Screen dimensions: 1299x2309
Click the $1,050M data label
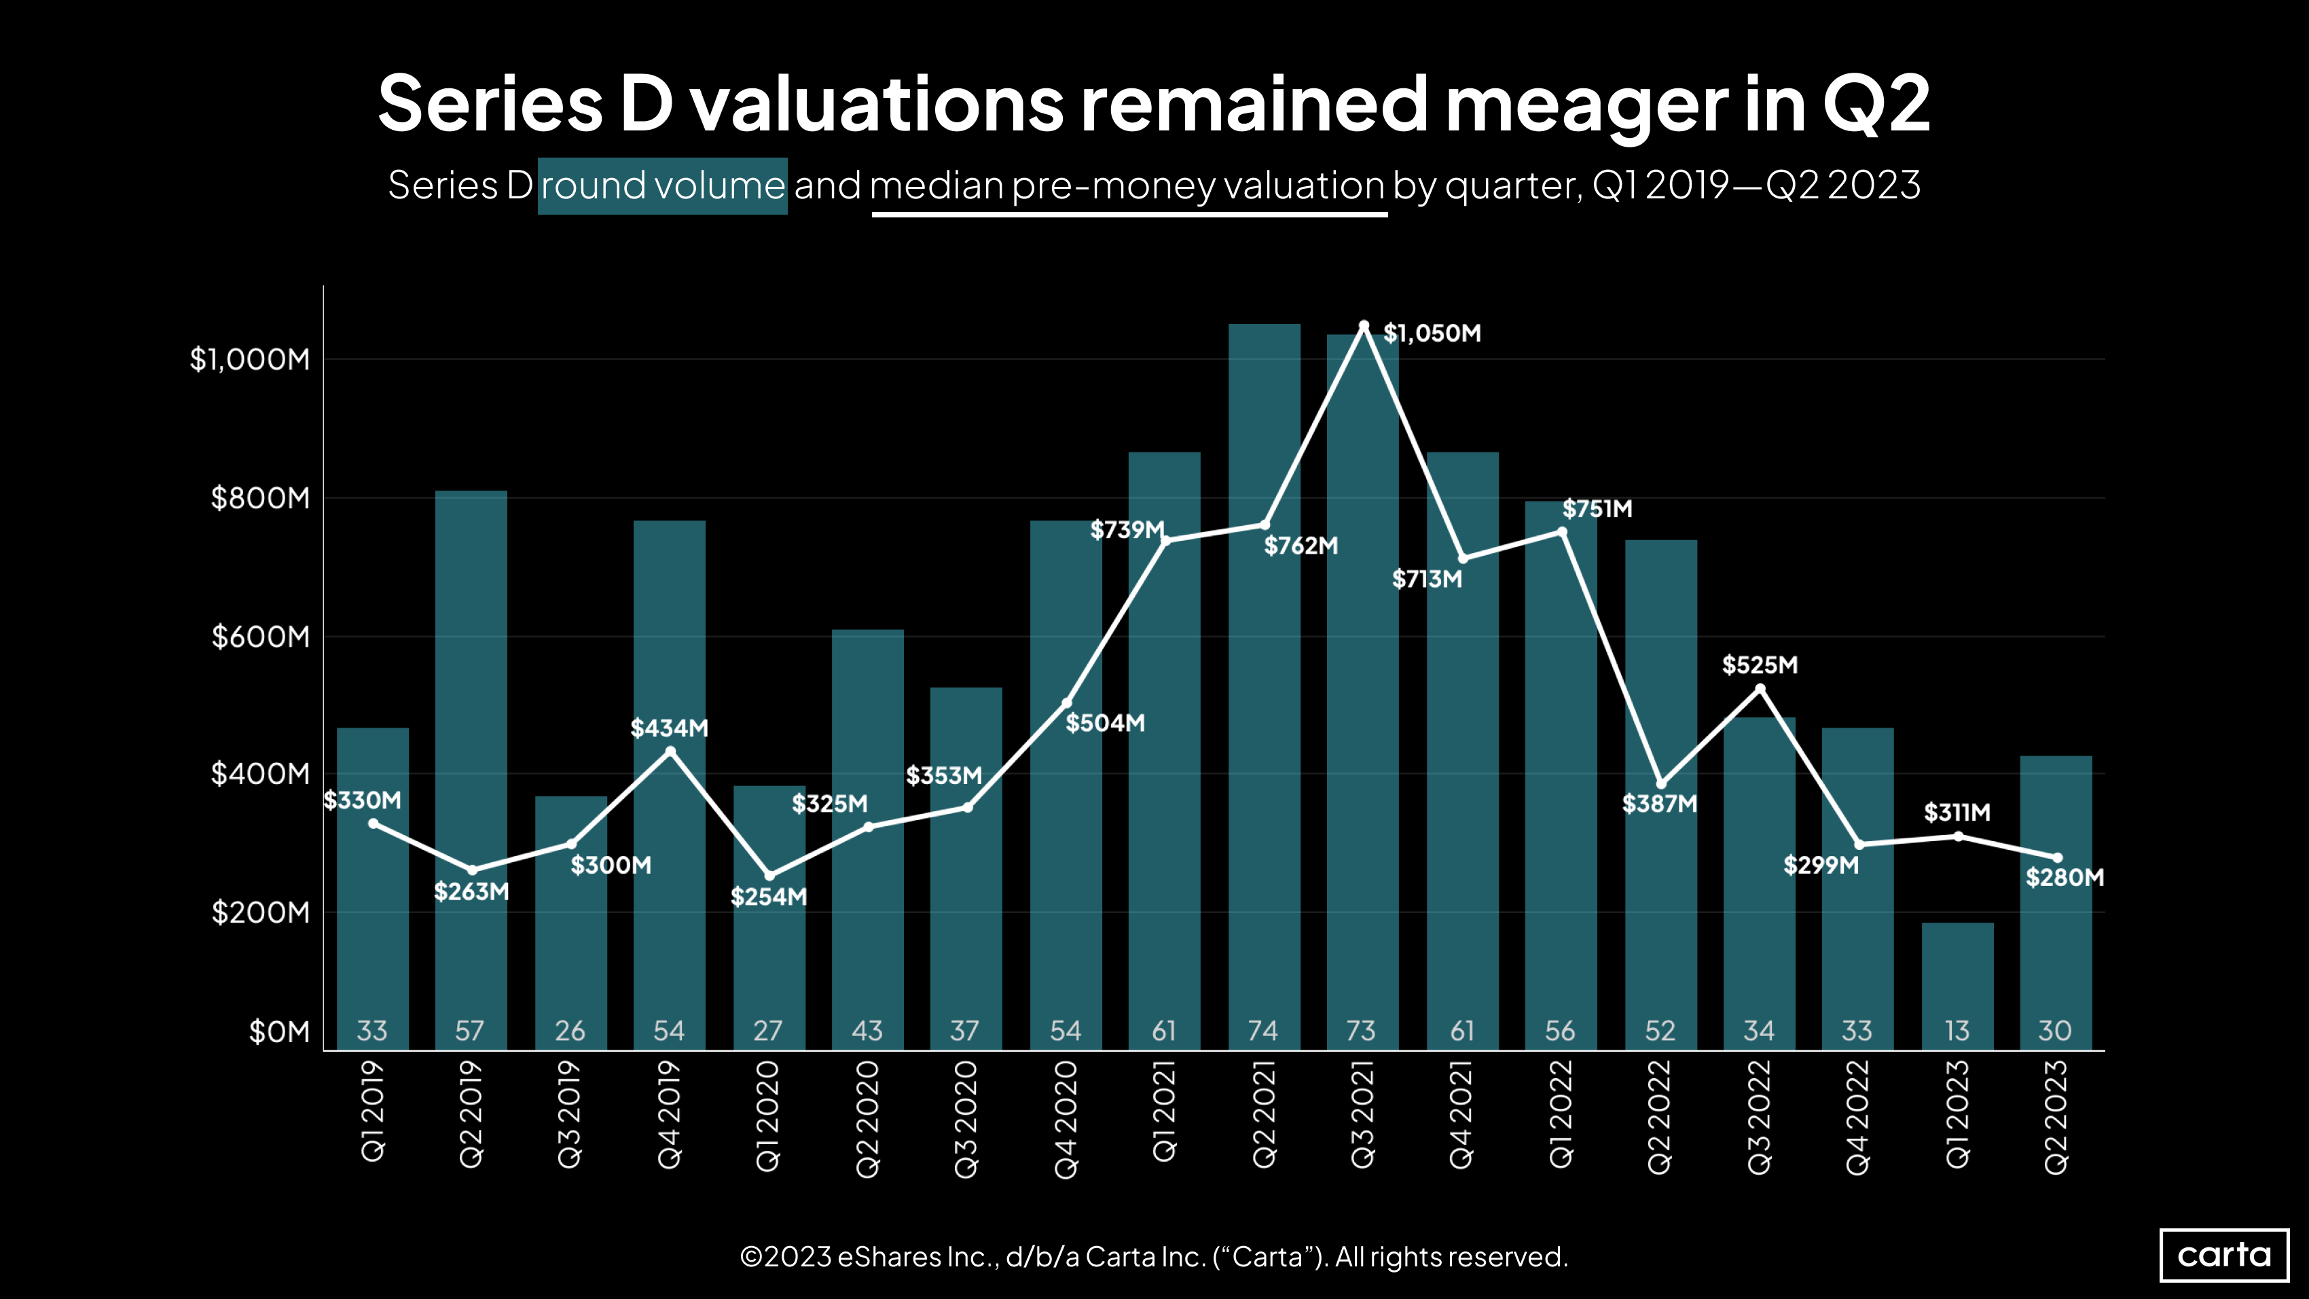click(x=1432, y=334)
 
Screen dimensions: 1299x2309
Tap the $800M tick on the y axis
click(x=260, y=499)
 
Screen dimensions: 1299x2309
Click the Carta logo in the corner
click(x=2224, y=1254)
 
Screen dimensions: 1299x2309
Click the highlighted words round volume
click(x=662, y=185)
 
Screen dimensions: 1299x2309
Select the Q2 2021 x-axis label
click(x=1264, y=1114)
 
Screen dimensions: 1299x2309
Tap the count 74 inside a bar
click(x=1263, y=1031)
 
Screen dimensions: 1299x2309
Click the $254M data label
click(x=768, y=897)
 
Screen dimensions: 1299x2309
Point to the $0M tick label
click(x=278, y=1033)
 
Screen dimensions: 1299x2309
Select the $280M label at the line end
click(x=2065, y=878)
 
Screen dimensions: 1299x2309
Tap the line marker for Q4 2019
click(x=670, y=751)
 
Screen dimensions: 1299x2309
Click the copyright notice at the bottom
click(x=1154, y=1257)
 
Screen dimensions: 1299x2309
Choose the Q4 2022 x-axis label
click(x=1858, y=1116)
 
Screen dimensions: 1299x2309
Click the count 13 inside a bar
click(x=1958, y=1031)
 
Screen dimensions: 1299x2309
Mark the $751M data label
click(x=1597, y=509)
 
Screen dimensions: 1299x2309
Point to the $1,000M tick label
click(x=249, y=359)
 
